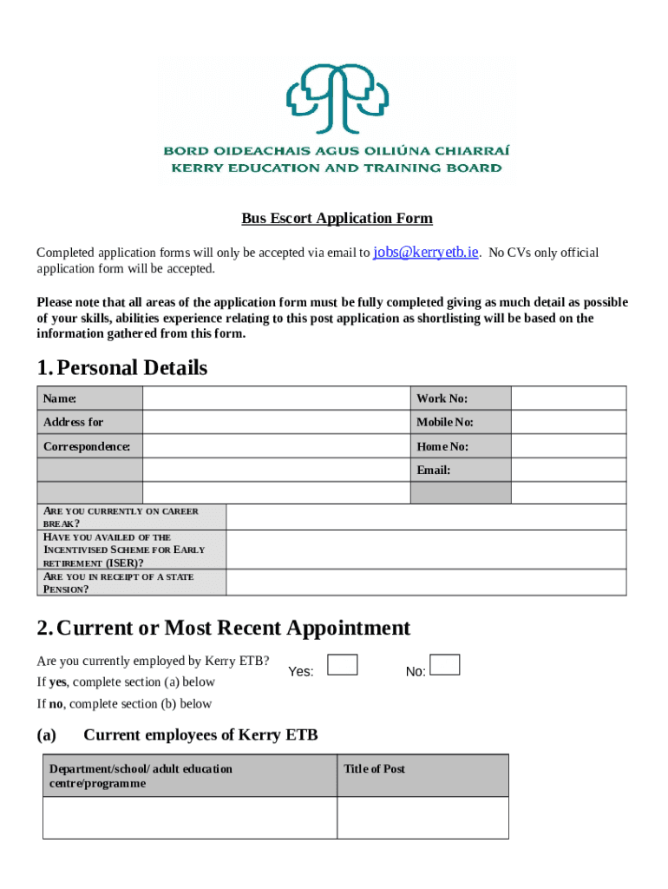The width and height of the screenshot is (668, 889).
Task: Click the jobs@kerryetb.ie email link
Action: pos(425,253)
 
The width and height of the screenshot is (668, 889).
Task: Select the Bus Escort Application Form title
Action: pos(337,219)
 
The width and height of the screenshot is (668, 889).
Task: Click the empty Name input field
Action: pos(275,398)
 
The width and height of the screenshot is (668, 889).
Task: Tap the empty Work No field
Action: pos(567,398)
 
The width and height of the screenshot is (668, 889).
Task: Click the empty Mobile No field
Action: pos(567,422)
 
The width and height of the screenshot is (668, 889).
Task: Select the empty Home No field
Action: pos(567,446)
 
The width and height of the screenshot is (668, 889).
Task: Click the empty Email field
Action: pos(567,470)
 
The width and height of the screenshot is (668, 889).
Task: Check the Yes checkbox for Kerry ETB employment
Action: pos(343,665)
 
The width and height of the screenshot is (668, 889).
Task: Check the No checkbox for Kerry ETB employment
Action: pos(445,665)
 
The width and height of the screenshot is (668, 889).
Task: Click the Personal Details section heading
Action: pos(122,368)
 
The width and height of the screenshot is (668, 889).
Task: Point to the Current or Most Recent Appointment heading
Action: pos(223,628)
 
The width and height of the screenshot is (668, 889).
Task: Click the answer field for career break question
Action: pos(425,517)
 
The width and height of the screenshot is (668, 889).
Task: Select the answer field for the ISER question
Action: pos(425,550)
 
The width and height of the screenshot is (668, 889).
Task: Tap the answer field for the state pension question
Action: pos(425,583)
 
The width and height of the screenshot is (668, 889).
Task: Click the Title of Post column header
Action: pos(375,769)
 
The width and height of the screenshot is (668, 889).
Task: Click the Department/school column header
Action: pos(141,776)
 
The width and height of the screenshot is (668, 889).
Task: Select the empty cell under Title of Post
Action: pos(422,817)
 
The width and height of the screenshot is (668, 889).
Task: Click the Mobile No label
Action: pos(444,422)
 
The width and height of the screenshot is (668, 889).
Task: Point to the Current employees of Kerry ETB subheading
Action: pos(200,735)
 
